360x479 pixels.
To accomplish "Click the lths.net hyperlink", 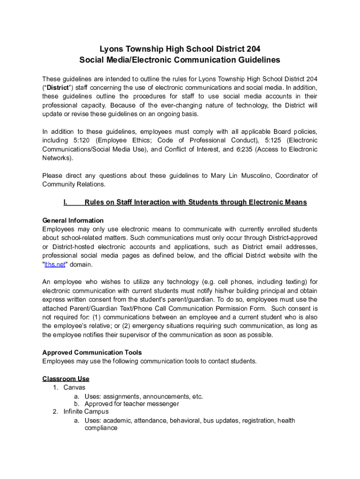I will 54,265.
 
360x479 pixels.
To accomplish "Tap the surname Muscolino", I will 254,176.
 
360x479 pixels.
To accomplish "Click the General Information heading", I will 73,220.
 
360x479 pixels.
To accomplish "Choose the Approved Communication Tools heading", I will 92,352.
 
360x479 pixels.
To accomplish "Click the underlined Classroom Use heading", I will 66,379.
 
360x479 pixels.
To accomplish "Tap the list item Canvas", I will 74,388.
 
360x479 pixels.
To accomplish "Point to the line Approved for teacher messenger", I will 131,404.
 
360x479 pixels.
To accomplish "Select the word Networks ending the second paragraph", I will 57,158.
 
